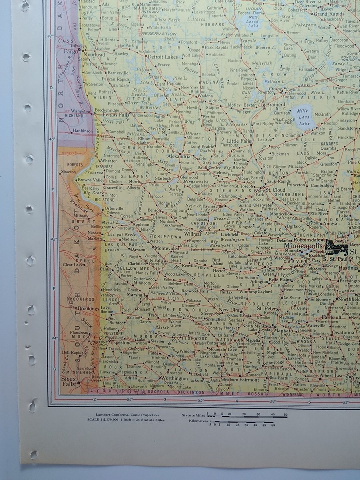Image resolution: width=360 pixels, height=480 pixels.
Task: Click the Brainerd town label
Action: (275, 105)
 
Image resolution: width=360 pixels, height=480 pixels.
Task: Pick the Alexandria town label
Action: (178, 156)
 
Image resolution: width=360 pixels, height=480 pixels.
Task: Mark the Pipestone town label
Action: (121, 343)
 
